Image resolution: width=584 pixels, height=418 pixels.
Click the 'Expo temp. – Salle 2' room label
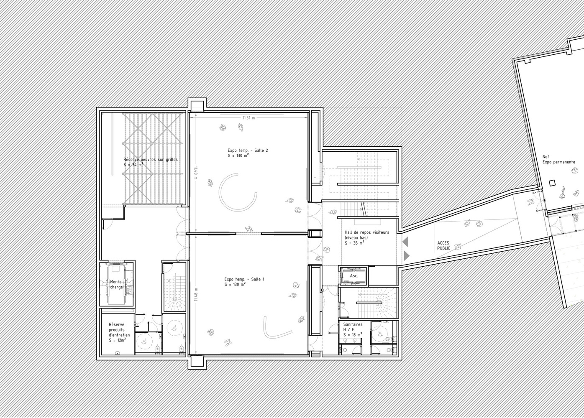[x=248, y=150]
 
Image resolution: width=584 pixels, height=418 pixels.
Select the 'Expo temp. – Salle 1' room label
[x=244, y=279]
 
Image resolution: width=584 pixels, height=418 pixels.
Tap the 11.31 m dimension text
[x=248, y=118]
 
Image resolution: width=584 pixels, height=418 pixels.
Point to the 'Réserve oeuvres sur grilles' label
[x=151, y=159]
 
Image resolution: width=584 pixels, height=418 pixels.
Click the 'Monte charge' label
[x=116, y=284]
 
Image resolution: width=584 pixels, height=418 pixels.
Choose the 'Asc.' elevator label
[x=354, y=276]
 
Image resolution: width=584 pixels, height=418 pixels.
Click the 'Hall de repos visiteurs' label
[x=367, y=232]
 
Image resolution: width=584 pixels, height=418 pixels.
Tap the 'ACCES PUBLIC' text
[x=443, y=246]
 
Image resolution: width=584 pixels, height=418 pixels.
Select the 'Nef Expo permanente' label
[x=559, y=159]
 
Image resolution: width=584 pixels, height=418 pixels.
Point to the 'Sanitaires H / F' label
[x=353, y=327]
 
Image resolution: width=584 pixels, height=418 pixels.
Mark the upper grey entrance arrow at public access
[x=405, y=242]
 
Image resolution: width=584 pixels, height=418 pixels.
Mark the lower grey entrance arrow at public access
[x=407, y=256]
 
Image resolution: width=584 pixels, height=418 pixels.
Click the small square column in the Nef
[x=552, y=183]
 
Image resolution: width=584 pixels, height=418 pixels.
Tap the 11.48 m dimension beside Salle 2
[x=195, y=172]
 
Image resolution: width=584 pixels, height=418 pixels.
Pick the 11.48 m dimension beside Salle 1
[x=196, y=294]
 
